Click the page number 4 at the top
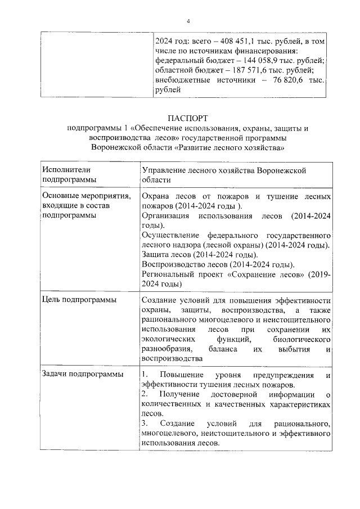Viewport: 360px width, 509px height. coord(189,21)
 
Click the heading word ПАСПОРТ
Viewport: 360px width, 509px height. coord(188,119)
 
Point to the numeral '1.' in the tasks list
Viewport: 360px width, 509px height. coord(145,375)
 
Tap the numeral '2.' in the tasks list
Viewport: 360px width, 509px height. coord(145,395)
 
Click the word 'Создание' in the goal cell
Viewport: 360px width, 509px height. coord(160,300)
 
